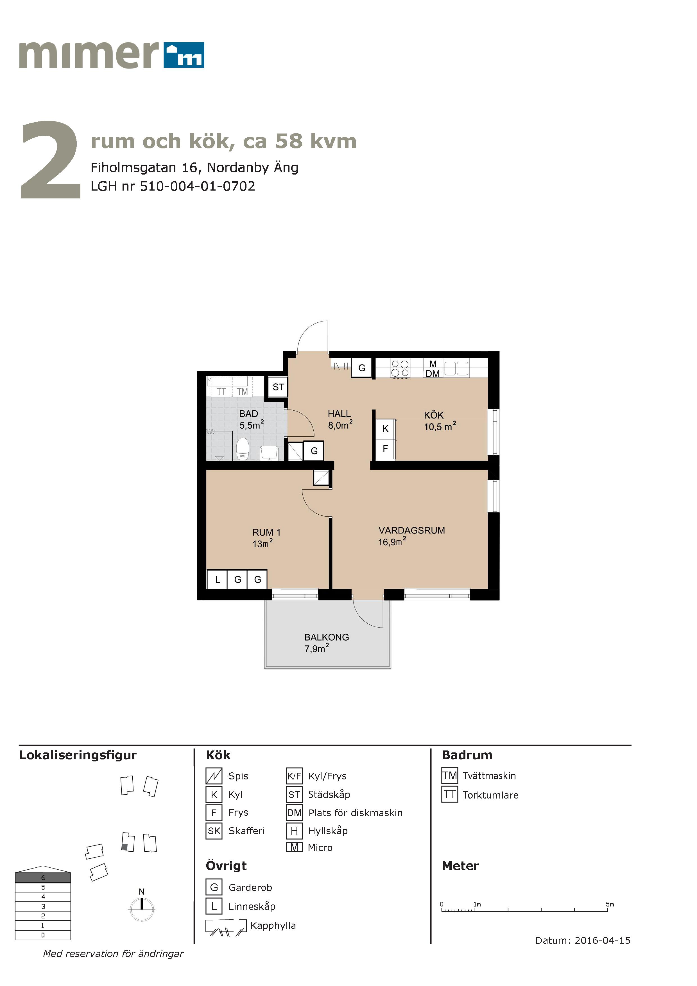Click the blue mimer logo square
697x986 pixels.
click(184, 55)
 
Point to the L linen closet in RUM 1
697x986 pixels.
click(217, 579)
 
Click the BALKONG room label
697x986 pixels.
click(326, 637)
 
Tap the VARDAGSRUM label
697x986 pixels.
click(411, 530)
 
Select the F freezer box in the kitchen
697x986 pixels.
click(385, 448)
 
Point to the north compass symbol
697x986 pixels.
click(142, 906)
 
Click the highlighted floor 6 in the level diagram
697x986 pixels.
click(43, 877)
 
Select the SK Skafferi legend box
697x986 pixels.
click(214, 831)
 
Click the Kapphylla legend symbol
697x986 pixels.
click(226, 928)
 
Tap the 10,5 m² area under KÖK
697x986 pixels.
click(440, 426)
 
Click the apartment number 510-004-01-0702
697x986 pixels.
click(198, 186)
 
